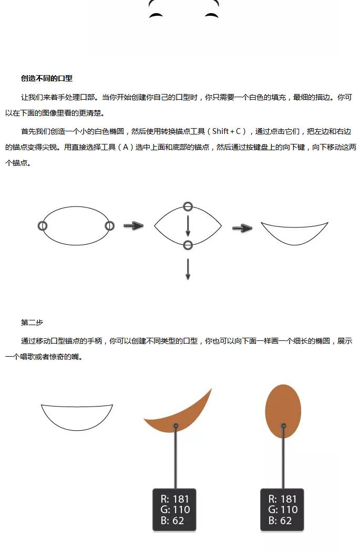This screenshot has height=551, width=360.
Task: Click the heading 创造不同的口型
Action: coord(47,78)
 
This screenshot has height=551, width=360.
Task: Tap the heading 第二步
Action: coord(32,322)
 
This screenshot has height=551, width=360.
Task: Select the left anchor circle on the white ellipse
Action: coord(43,226)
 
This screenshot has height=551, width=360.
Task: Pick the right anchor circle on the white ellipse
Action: coord(109,226)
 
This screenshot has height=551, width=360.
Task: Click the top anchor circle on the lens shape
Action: coord(188,206)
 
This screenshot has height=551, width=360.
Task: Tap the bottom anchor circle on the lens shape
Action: coord(188,245)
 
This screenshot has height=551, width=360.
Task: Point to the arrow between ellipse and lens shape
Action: coord(133,226)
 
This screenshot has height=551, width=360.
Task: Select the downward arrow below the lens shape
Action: coord(188,268)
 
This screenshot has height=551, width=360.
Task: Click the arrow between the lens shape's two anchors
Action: coord(188,225)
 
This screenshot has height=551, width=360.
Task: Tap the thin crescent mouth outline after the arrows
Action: coord(294,234)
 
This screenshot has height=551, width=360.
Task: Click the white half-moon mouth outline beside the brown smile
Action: coord(77,416)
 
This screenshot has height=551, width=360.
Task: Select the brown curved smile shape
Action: coord(181,414)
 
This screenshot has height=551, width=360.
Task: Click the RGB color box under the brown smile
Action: coord(174,510)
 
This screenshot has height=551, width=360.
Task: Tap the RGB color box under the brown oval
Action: coord(282,510)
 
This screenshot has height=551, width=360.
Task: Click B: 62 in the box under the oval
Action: coord(279,521)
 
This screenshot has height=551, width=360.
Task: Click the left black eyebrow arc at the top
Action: coord(156,15)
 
